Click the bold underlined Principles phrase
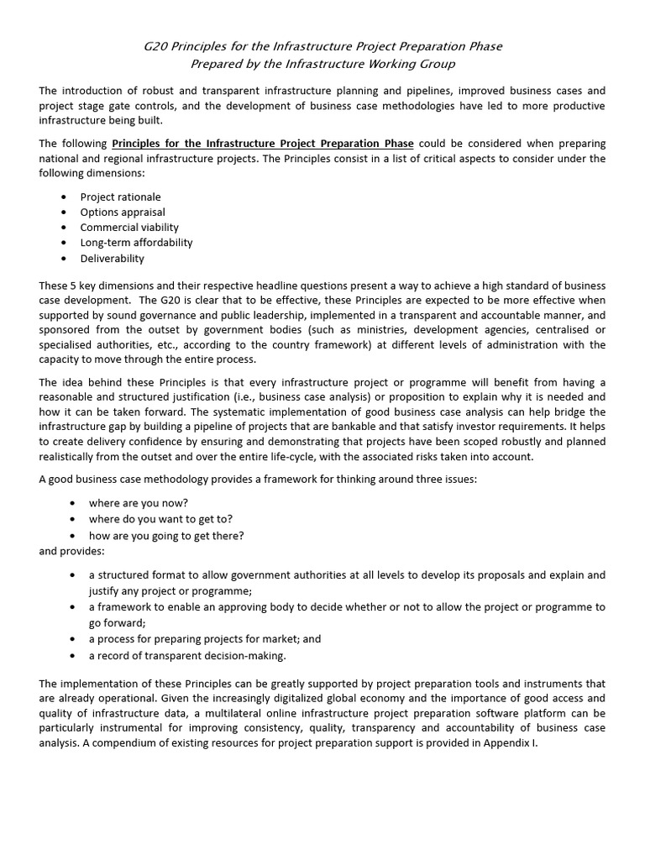pyautogui.click(x=263, y=144)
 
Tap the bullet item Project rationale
pyautogui.click(x=120, y=197)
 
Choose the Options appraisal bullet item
pyautogui.click(x=123, y=212)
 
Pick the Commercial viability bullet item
pyautogui.click(x=129, y=227)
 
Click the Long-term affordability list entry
pyautogui.click(x=136, y=243)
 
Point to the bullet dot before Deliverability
pyautogui.click(x=65, y=259)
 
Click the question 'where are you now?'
pyautogui.click(x=139, y=502)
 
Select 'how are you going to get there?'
pyautogui.click(x=166, y=535)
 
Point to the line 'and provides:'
pyautogui.click(x=72, y=552)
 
